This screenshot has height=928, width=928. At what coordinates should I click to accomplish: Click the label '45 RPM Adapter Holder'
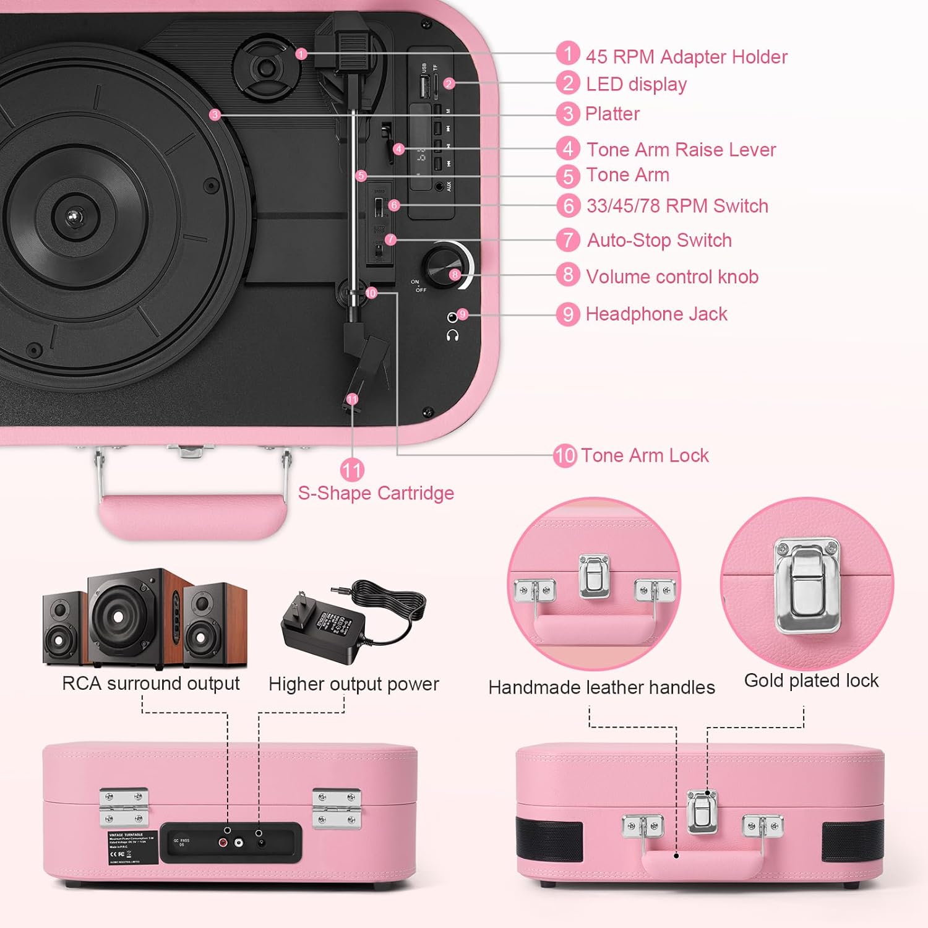point(686,57)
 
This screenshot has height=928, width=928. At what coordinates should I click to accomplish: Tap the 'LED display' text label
point(636,84)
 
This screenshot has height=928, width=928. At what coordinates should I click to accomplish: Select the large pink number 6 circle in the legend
point(568,205)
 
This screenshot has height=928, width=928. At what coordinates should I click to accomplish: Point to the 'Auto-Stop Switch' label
point(659,240)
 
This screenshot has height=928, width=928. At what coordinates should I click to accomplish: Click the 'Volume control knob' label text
point(672,277)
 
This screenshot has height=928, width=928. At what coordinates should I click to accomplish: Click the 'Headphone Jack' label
point(656,314)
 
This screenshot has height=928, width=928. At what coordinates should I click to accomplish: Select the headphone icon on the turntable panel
point(452,335)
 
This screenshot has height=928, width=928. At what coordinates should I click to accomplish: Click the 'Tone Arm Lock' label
point(645,456)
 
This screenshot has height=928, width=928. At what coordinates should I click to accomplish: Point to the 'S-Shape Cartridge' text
point(376,493)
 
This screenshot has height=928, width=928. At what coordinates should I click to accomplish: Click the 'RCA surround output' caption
point(151,684)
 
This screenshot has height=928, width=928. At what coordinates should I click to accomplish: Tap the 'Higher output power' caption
point(354,684)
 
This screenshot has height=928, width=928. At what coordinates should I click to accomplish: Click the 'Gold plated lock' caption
point(811,681)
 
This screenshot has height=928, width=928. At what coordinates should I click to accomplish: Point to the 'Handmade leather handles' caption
point(601,687)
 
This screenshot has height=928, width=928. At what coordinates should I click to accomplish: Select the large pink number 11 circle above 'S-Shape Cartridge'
point(352,470)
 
